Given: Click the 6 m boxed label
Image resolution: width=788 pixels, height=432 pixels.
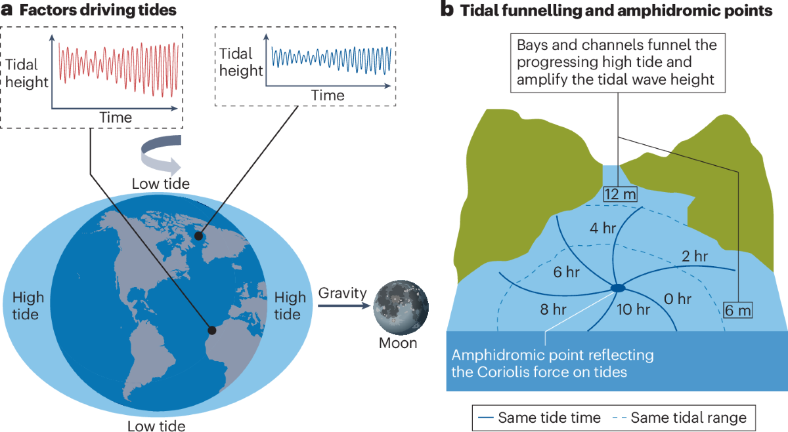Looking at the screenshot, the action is tap(739, 309).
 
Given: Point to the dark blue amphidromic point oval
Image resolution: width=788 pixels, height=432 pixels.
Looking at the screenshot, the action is tap(618, 288).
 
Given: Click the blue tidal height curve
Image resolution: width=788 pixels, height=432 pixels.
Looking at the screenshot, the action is tap(331, 57).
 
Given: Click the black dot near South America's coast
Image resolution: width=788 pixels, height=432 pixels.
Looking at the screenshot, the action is tap(211, 330).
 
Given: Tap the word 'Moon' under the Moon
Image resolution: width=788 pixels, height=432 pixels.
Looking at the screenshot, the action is tap(398, 343).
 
